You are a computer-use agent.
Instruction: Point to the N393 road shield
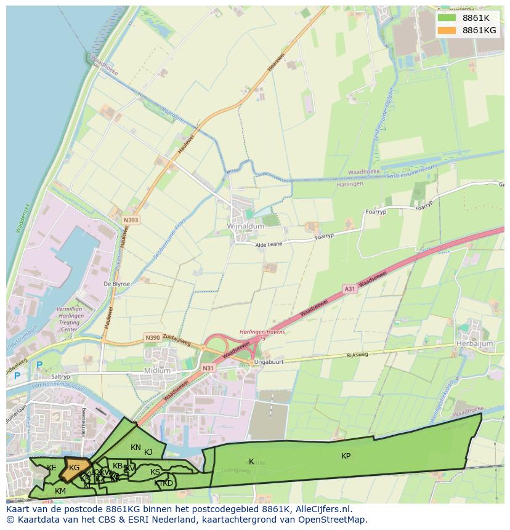131,220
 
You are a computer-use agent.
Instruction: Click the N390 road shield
152,338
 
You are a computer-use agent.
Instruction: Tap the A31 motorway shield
349,288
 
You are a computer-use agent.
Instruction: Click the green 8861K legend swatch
447,17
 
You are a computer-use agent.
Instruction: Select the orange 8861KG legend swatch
447,30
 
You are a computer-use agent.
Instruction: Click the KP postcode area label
346,456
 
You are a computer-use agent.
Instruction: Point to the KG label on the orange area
75,468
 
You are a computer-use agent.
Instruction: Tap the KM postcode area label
60,491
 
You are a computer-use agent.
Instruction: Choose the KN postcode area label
136,448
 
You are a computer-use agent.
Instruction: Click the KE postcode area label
52,468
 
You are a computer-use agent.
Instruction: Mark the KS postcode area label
155,472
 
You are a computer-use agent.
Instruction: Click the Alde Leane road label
270,244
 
